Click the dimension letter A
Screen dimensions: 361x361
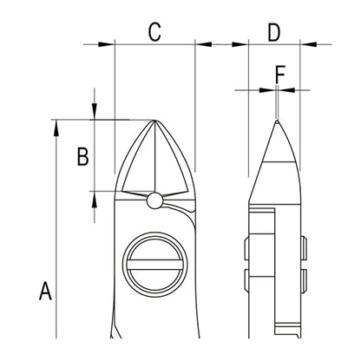45,291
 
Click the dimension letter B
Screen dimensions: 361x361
82,156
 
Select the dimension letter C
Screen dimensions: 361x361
154,31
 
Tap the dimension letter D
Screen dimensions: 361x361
274,32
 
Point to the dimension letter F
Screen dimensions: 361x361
280,75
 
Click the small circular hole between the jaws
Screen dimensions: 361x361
154,200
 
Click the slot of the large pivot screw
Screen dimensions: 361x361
154,265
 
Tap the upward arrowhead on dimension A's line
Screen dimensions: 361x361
56,128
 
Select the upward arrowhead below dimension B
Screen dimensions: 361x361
95,200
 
